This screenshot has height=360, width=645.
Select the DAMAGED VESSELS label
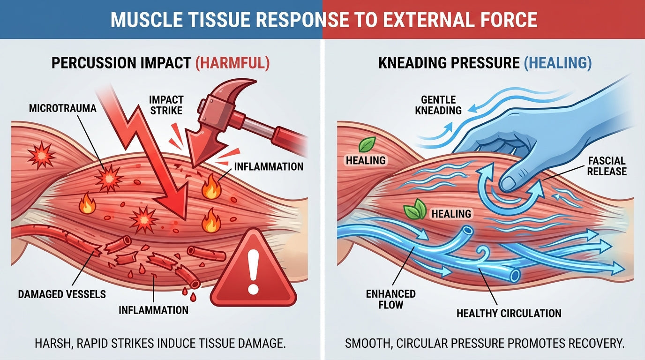(61, 294)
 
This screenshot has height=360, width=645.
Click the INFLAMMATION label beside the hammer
(269, 166)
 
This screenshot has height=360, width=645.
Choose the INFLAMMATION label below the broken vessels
(153, 310)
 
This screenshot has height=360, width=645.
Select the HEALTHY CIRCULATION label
(509, 313)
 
